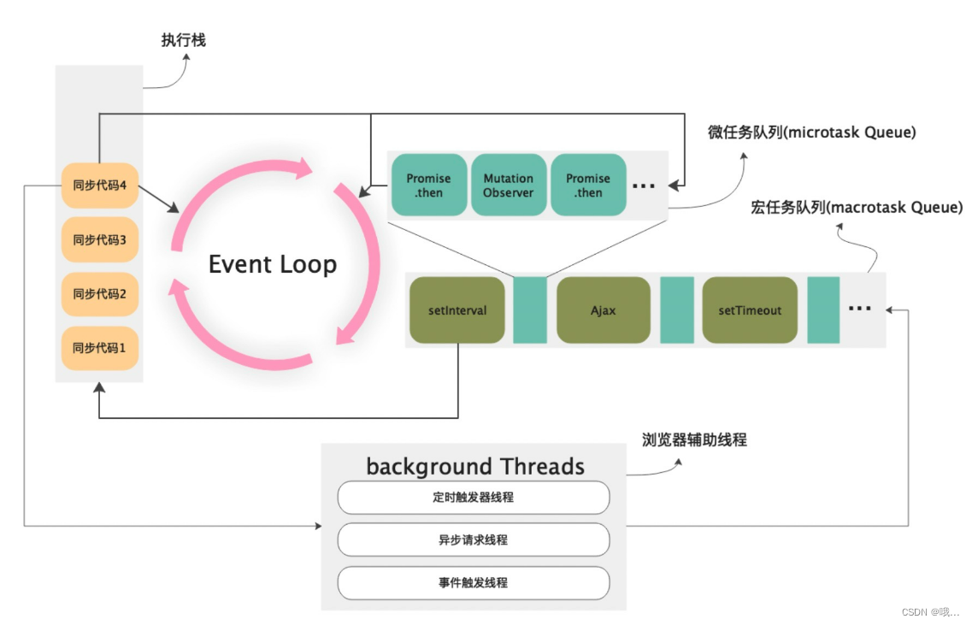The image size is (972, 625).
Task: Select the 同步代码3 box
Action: coord(100,240)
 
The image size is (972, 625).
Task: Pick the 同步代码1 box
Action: coord(100,349)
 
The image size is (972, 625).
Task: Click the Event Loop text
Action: coord(273,264)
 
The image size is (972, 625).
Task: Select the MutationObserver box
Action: coord(508,186)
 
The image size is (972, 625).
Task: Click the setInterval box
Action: coord(457,310)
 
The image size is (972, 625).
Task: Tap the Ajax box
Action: coord(603,310)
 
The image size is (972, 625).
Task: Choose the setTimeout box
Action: coord(749,310)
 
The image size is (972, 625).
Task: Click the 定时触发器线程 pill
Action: coord(473,498)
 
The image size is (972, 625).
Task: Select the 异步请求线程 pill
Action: coord(473,540)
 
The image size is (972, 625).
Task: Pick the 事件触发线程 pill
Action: coord(473,583)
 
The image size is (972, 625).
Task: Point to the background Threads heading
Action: coord(475,466)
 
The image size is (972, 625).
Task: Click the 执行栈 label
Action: coord(183,40)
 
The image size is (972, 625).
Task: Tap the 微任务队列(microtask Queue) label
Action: coord(811,133)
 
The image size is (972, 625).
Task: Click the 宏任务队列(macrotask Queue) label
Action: coord(856,208)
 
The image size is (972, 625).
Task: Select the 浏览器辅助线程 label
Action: coord(694,440)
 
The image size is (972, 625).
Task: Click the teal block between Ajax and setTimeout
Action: coord(676,310)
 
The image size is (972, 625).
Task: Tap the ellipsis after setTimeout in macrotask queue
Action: coord(859,309)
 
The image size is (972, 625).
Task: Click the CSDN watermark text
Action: coord(930,612)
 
